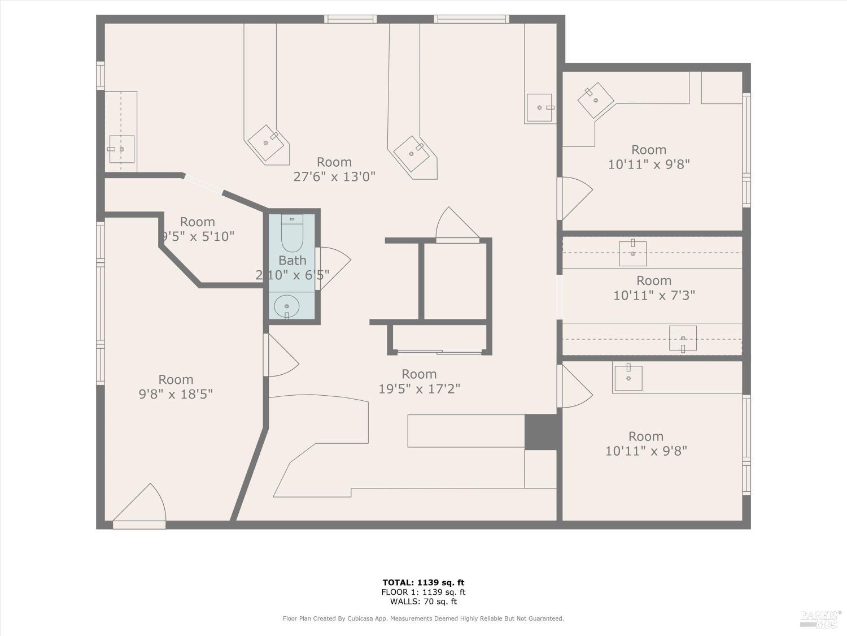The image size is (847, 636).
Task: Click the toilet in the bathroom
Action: [x=292, y=234]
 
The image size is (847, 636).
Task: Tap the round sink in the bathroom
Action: [x=287, y=307]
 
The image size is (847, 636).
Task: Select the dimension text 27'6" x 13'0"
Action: [x=334, y=177]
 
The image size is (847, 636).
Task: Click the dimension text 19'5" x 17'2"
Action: [x=419, y=389]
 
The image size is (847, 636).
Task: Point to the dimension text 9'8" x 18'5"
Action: [x=176, y=394]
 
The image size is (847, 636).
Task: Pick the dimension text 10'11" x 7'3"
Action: [x=654, y=295]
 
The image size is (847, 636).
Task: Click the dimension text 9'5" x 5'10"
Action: [x=198, y=236]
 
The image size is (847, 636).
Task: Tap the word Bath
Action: [x=292, y=261]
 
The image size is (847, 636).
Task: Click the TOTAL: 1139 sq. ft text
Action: [x=423, y=582]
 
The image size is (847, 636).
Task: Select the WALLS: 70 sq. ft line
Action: [x=423, y=602]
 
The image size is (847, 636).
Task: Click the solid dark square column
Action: [x=541, y=432]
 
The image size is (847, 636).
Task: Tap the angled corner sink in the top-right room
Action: [x=596, y=101]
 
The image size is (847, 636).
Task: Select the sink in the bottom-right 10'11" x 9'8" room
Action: [x=628, y=378]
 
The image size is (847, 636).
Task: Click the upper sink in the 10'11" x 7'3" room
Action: [x=632, y=253]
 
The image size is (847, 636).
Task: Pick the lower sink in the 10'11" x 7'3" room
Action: [x=683, y=338]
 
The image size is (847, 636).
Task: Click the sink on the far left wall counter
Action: [x=121, y=149]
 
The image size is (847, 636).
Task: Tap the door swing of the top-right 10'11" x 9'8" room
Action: [x=575, y=198]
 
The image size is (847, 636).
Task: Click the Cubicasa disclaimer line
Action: [x=423, y=618]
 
